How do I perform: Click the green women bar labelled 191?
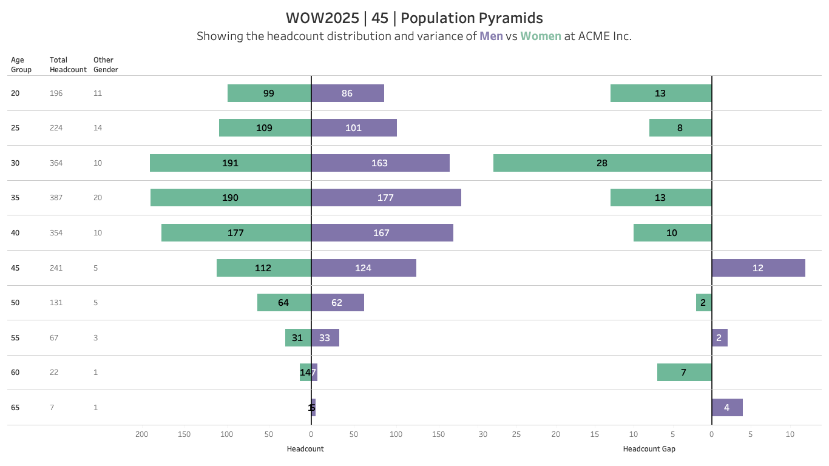230,163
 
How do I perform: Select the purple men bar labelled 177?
386,198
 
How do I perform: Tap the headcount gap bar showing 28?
601,163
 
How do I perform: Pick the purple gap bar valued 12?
758,268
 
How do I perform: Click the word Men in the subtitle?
491,36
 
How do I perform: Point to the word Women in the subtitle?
541,36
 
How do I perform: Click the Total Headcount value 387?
56,198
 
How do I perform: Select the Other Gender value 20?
98,198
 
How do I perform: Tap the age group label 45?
15,268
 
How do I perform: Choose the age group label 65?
15,408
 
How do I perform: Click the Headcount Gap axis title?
649,449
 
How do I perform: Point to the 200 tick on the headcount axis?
142,434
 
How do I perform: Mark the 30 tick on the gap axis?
482,434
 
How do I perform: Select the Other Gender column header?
106,65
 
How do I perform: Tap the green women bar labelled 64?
283,303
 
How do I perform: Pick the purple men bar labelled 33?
325,338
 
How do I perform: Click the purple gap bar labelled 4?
727,408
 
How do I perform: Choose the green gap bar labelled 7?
684,373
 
